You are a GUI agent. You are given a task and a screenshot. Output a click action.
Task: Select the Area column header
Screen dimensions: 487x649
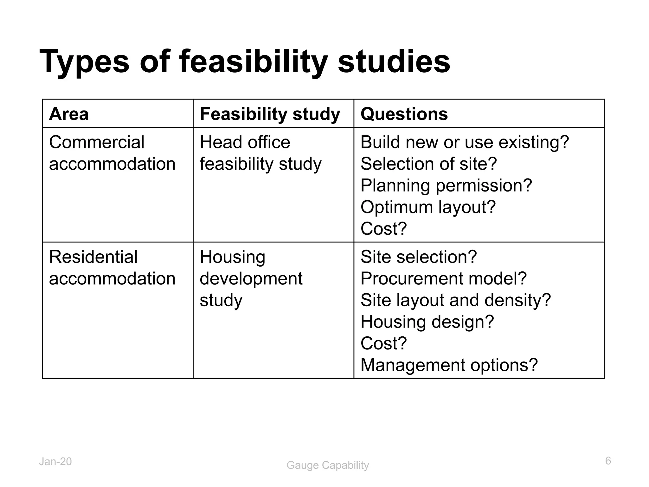pos(69,114)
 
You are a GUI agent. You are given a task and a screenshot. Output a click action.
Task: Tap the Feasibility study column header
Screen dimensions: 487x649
pos(270,114)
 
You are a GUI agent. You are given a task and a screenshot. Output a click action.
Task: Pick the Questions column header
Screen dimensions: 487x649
pos(404,114)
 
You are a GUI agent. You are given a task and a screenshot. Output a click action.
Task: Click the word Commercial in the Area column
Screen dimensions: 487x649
pos(97,142)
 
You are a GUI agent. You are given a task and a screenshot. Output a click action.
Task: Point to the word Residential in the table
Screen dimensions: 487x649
pos(93,257)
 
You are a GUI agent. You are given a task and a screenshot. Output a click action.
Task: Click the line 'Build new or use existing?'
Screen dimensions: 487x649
pos(465,142)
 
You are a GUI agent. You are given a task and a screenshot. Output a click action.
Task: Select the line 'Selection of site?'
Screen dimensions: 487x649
pos(428,164)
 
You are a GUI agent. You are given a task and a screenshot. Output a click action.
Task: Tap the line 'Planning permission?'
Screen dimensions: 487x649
pos(446,185)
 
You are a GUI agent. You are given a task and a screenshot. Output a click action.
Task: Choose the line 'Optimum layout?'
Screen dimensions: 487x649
pos(428,207)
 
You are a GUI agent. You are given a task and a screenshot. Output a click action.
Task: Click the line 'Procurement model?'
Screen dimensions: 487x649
pos(443,278)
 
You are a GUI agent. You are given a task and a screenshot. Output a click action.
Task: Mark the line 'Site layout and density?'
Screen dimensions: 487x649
pos(456,300)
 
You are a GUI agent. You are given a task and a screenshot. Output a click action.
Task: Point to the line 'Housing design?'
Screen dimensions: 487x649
pos(427,321)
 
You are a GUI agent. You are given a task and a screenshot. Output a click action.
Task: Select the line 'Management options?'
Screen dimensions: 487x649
pos(449,365)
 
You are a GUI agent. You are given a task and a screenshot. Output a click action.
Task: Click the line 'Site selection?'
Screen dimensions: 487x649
pos(418,257)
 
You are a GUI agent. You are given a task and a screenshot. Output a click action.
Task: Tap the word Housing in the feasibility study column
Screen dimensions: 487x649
pos(232,257)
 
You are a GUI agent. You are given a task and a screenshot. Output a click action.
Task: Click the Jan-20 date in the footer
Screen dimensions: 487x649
pos(55,462)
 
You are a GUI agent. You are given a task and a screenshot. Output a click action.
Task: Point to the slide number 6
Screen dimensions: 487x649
pos(608,461)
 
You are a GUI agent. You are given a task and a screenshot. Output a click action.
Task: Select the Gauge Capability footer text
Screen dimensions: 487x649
pos(328,465)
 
